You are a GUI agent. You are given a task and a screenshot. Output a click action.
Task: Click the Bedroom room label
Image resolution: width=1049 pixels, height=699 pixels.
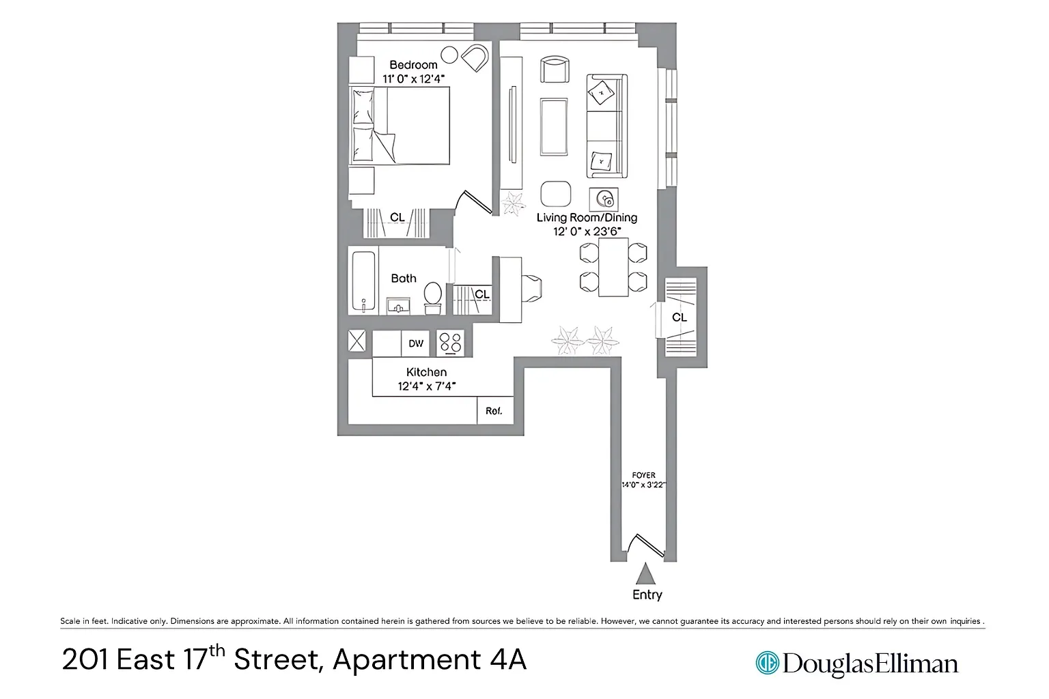(x=413, y=65)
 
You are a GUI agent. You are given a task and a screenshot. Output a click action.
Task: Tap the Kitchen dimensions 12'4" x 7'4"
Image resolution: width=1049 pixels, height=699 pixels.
(x=427, y=386)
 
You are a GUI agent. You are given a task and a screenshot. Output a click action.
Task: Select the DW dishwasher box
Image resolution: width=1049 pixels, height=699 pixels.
(x=415, y=343)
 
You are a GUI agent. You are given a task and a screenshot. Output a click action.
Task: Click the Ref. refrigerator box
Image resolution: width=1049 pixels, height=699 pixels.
(x=495, y=411)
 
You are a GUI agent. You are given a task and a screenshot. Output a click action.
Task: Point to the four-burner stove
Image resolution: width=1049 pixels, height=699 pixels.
(x=451, y=343)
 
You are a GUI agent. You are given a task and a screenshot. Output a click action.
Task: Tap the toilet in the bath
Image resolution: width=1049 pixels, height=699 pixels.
(x=433, y=298)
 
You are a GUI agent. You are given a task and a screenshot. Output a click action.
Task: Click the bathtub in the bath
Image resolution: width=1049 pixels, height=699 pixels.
(x=363, y=281)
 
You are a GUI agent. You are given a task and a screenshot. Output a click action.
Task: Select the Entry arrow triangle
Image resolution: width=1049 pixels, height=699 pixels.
(x=645, y=574)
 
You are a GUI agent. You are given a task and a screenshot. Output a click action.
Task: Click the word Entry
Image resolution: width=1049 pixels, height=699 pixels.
(x=647, y=595)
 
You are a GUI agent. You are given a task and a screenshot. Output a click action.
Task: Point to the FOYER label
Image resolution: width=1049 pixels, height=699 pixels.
(x=643, y=475)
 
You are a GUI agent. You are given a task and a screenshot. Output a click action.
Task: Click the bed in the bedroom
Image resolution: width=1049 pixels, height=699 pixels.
(x=400, y=126)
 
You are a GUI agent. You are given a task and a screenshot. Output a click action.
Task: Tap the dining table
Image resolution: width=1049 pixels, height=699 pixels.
(x=613, y=267)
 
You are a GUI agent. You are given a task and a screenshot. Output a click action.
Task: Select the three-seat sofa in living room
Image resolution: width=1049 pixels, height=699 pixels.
(x=607, y=126)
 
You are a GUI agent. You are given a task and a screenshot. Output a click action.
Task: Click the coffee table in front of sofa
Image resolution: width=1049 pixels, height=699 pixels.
(x=554, y=126)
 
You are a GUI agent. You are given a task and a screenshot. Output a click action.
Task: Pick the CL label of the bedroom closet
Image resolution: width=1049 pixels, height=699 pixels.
(x=397, y=217)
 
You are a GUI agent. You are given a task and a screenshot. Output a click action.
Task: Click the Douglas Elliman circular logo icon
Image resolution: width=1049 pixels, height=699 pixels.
(x=767, y=663)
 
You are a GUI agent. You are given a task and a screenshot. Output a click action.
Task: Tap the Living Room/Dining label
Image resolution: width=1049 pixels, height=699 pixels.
(x=587, y=217)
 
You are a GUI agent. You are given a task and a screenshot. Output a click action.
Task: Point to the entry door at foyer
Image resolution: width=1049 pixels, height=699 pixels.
(x=646, y=545)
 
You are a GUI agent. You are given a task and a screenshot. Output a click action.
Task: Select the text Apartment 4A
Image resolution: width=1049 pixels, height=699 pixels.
(x=430, y=659)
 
